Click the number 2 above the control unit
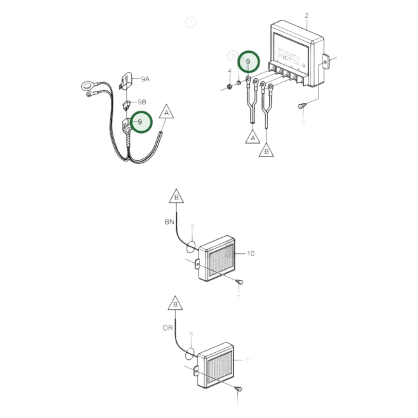(x=307, y=15)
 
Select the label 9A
(x=145, y=79)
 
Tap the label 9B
(x=142, y=102)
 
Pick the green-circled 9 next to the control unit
(x=248, y=62)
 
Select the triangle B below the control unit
(x=266, y=151)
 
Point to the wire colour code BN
(x=170, y=222)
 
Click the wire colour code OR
(x=167, y=328)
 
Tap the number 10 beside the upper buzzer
(x=251, y=254)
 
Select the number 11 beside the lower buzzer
(x=249, y=360)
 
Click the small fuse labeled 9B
(x=126, y=106)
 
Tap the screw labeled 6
(x=302, y=106)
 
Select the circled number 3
(x=233, y=56)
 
